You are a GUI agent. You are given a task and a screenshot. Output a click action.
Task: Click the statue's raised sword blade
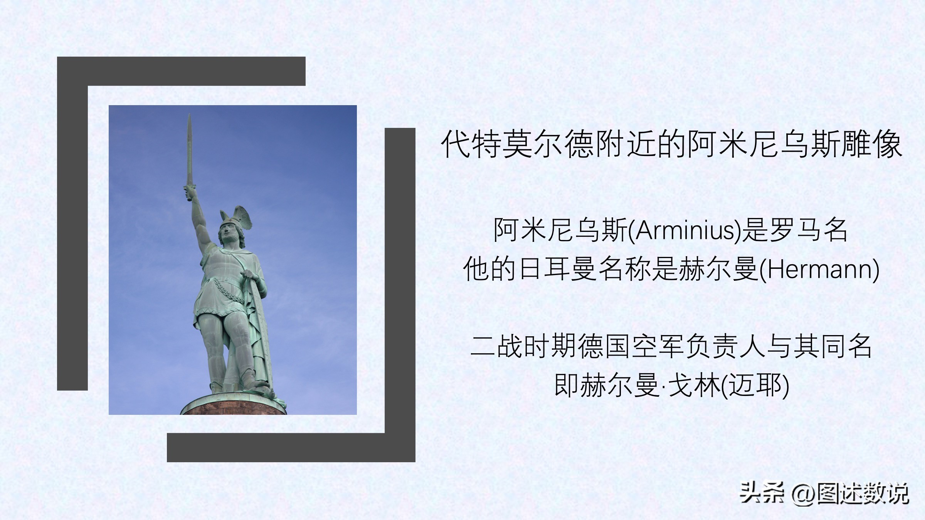[x=189, y=150]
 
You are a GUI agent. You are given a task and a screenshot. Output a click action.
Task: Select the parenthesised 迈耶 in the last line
[x=755, y=385]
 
